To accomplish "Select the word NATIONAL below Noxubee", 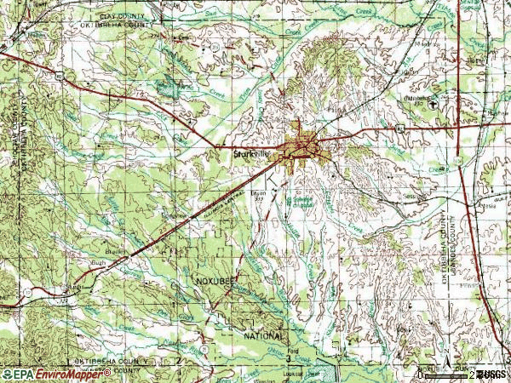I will pyautogui.click(x=264, y=312).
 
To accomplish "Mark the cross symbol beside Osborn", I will pyautogui.click(x=433, y=103).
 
